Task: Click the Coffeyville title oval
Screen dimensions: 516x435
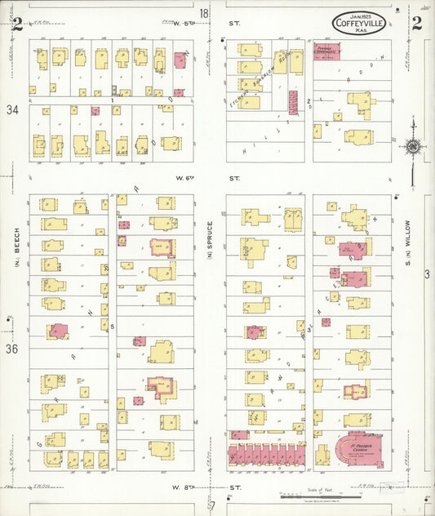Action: (x=360, y=24)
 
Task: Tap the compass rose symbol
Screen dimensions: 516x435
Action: (x=413, y=147)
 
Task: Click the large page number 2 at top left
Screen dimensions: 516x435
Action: (x=16, y=23)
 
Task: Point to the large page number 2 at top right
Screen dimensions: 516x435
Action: (x=416, y=22)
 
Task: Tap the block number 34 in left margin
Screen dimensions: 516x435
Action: (x=11, y=109)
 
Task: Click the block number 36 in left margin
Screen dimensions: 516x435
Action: (x=11, y=349)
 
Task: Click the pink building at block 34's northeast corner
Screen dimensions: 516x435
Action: (x=180, y=60)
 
